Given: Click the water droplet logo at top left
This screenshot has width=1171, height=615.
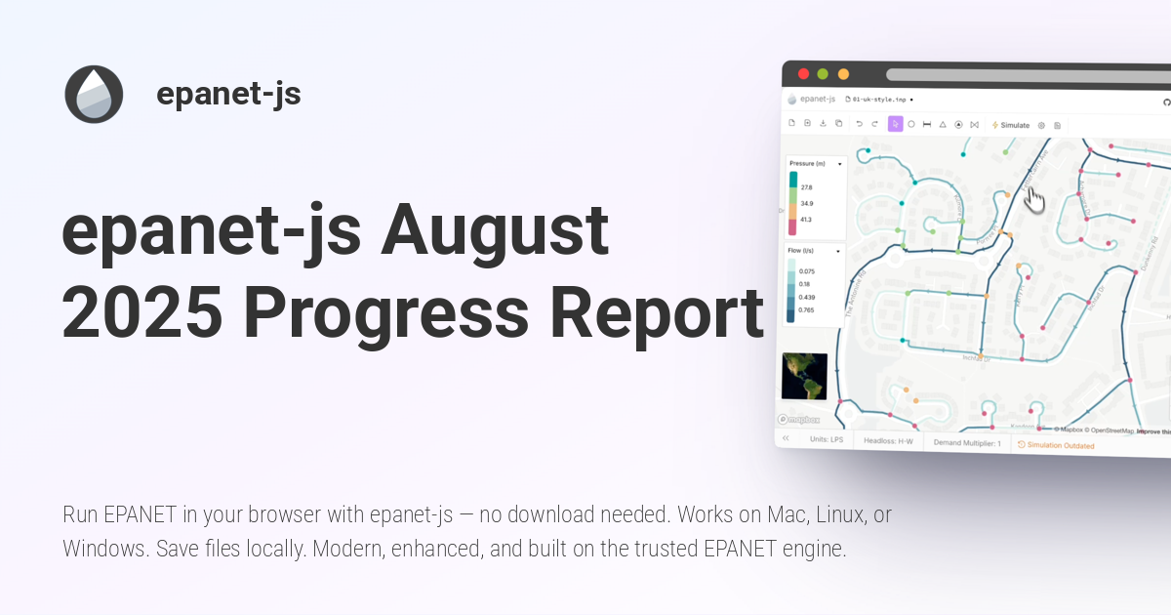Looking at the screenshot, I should [x=94, y=95].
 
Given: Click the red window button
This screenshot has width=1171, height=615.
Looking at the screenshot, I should [x=804, y=73].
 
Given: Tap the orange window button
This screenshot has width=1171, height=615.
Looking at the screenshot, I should [x=843, y=74].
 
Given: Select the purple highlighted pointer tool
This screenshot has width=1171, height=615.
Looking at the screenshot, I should [x=895, y=124].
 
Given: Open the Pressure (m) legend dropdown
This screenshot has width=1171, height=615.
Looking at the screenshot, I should [x=839, y=164].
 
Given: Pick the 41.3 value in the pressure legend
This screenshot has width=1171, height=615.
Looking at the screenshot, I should [x=807, y=221].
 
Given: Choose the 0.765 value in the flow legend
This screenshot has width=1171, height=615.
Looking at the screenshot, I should [x=807, y=309].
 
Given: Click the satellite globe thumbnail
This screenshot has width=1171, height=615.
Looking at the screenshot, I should [x=804, y=377].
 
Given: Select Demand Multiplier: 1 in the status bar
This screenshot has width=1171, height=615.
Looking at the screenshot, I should [x=967, y=443].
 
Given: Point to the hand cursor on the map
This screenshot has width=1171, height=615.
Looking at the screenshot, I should [x=1035, y=200].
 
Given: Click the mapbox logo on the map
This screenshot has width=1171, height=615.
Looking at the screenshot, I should [x=799, y=419].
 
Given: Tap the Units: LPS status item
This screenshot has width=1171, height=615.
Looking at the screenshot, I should [x=827, y=439].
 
